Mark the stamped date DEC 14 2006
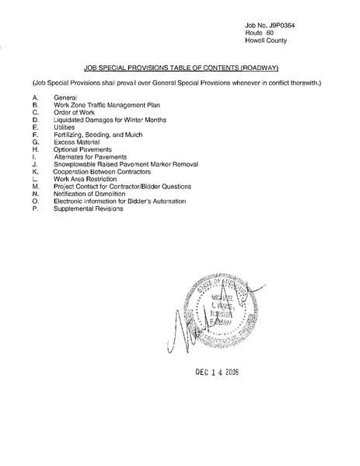216,372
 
